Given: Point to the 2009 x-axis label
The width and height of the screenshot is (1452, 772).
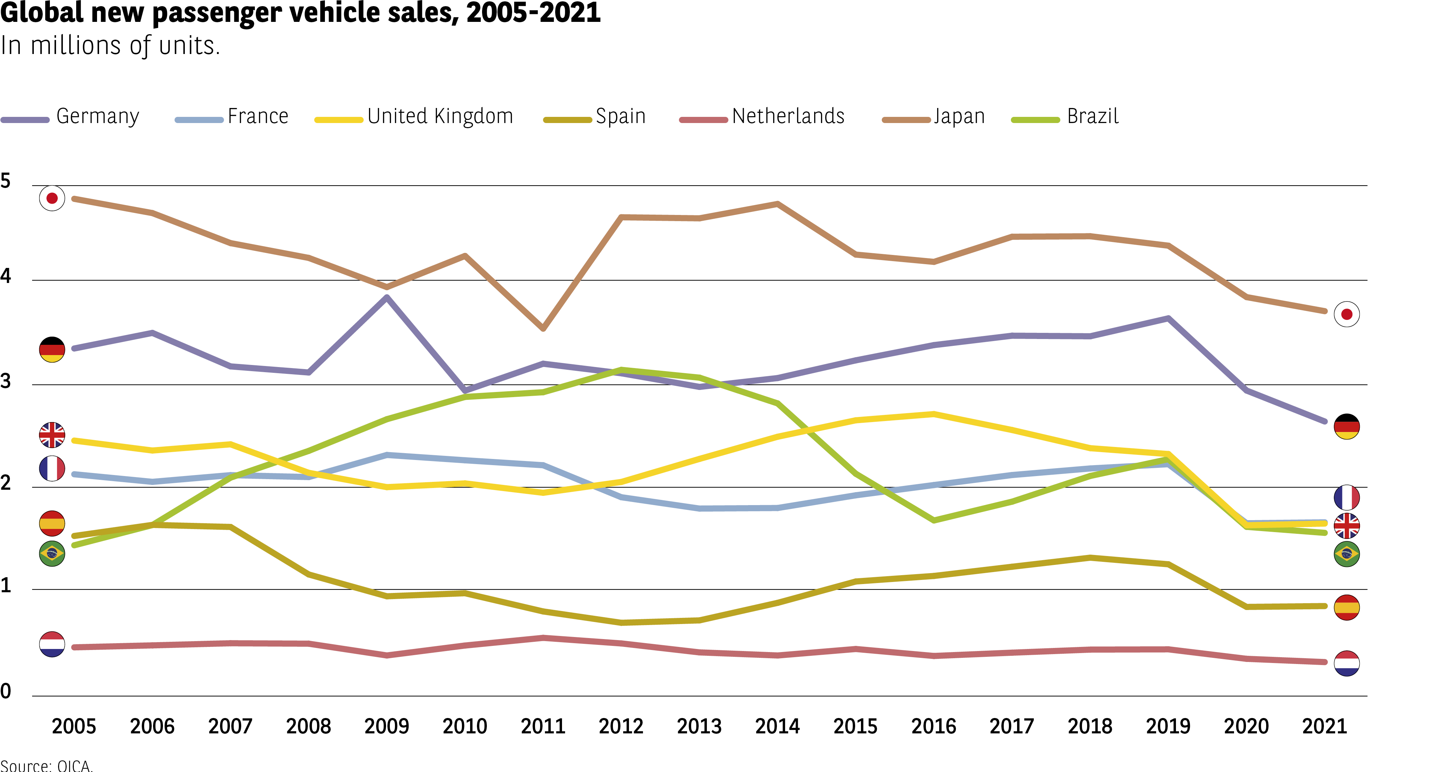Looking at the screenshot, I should coord(387,726).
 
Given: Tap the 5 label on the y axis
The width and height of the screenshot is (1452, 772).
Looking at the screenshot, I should coord(5,181).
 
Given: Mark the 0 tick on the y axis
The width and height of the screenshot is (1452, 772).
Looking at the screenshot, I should coord(5,691).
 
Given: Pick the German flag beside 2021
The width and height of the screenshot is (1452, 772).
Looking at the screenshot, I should coord(1346,426).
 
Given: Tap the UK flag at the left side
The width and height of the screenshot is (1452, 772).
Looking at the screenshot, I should coord(52,435).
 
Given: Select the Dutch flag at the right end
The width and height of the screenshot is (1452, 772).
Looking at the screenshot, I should coord(1346,663).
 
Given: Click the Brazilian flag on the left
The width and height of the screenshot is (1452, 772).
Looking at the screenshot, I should coord(52,554).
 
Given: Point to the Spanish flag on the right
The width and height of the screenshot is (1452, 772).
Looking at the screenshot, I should coord(1346,607).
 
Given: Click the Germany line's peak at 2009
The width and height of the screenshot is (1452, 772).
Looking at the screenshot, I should coord(387,297).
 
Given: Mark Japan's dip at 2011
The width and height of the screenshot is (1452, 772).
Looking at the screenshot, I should coord(543,328).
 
